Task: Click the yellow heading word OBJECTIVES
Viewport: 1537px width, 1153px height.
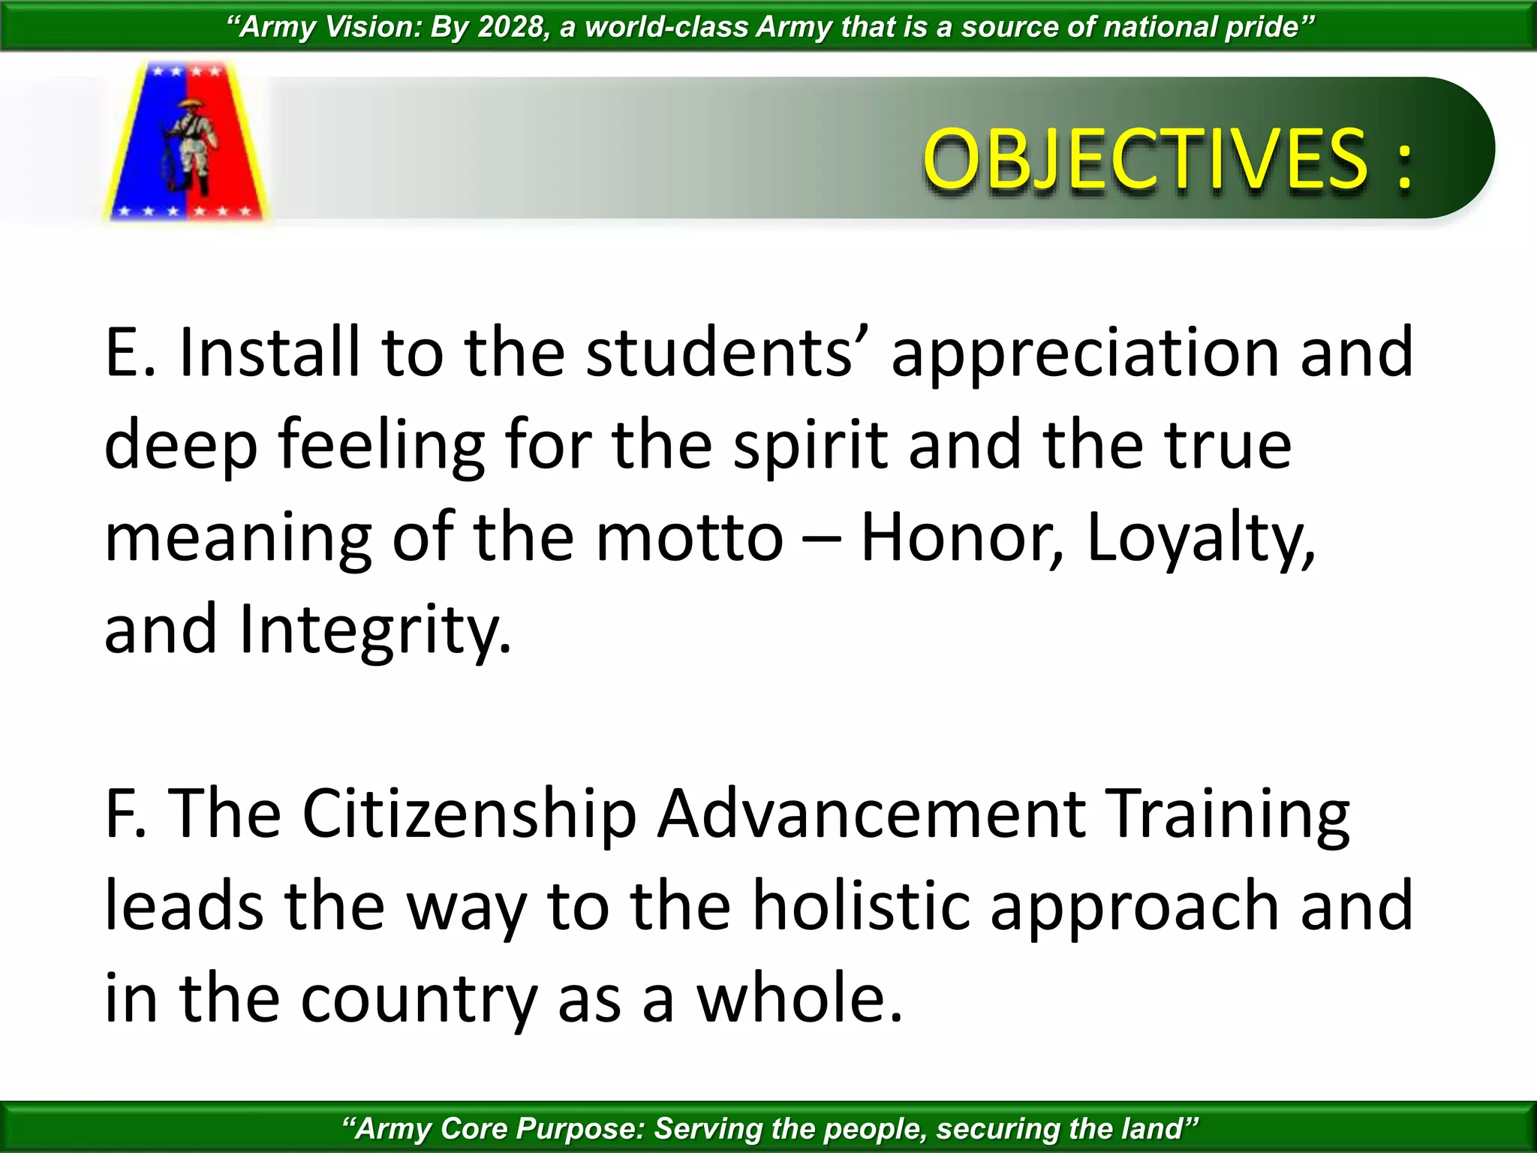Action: (x=1145, y=159)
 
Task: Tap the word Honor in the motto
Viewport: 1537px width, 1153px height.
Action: (x=961, y=537)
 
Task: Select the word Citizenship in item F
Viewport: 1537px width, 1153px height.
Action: (x=469, y=815)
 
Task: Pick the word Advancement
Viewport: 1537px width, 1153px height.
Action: (x=871, y=814)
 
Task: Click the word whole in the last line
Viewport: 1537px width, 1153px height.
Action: (x=799, y=998)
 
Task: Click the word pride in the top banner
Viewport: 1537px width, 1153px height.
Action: (x=1268, y=27)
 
